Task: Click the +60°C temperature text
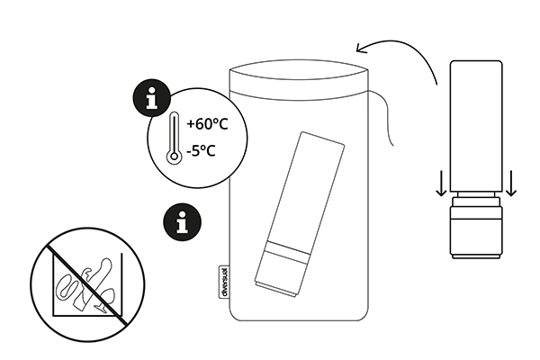click(207, 124)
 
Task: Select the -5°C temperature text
click(201, 150)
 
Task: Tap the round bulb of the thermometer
click(175, 157)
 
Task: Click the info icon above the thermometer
click(151, 98)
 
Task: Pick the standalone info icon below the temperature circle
click(182, 221)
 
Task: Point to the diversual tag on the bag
click(224, 282)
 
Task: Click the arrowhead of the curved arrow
click(362, 49)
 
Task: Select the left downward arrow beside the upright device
click(441, 184)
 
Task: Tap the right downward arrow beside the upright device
click(511, 184)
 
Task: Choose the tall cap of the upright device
click(476, 126)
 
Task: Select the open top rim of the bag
click(299, 70)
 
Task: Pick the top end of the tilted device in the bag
click(323, 138)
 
